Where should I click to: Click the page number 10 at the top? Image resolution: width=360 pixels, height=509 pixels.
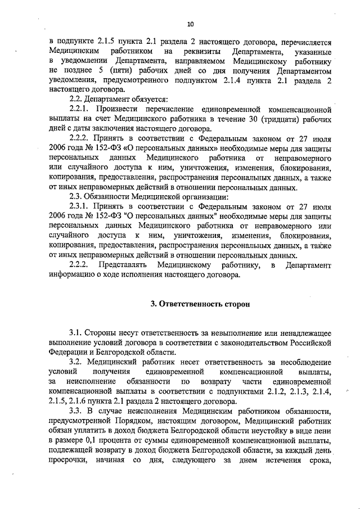click(190, 24)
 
